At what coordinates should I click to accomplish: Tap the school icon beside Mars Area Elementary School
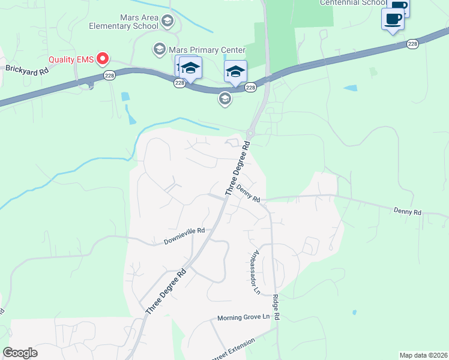click(x=167, y=22)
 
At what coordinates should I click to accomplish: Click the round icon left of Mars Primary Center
click(x=160, y=48)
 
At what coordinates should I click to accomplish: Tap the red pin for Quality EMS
click(x=102, y=59)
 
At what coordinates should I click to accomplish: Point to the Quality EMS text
click(x=70, y=59)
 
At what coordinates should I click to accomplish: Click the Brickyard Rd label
click(x=26, y=69)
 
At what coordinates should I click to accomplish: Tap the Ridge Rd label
click(x=277, y=307)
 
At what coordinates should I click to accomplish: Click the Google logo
click(x=20, y=353)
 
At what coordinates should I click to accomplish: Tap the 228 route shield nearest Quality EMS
click(x=109, y=74)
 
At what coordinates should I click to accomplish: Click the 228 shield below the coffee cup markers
click(x=412, y=44)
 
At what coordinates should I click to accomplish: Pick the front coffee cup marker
click(x=393, y=19)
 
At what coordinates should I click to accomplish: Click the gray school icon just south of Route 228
click(x=225, y=98)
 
